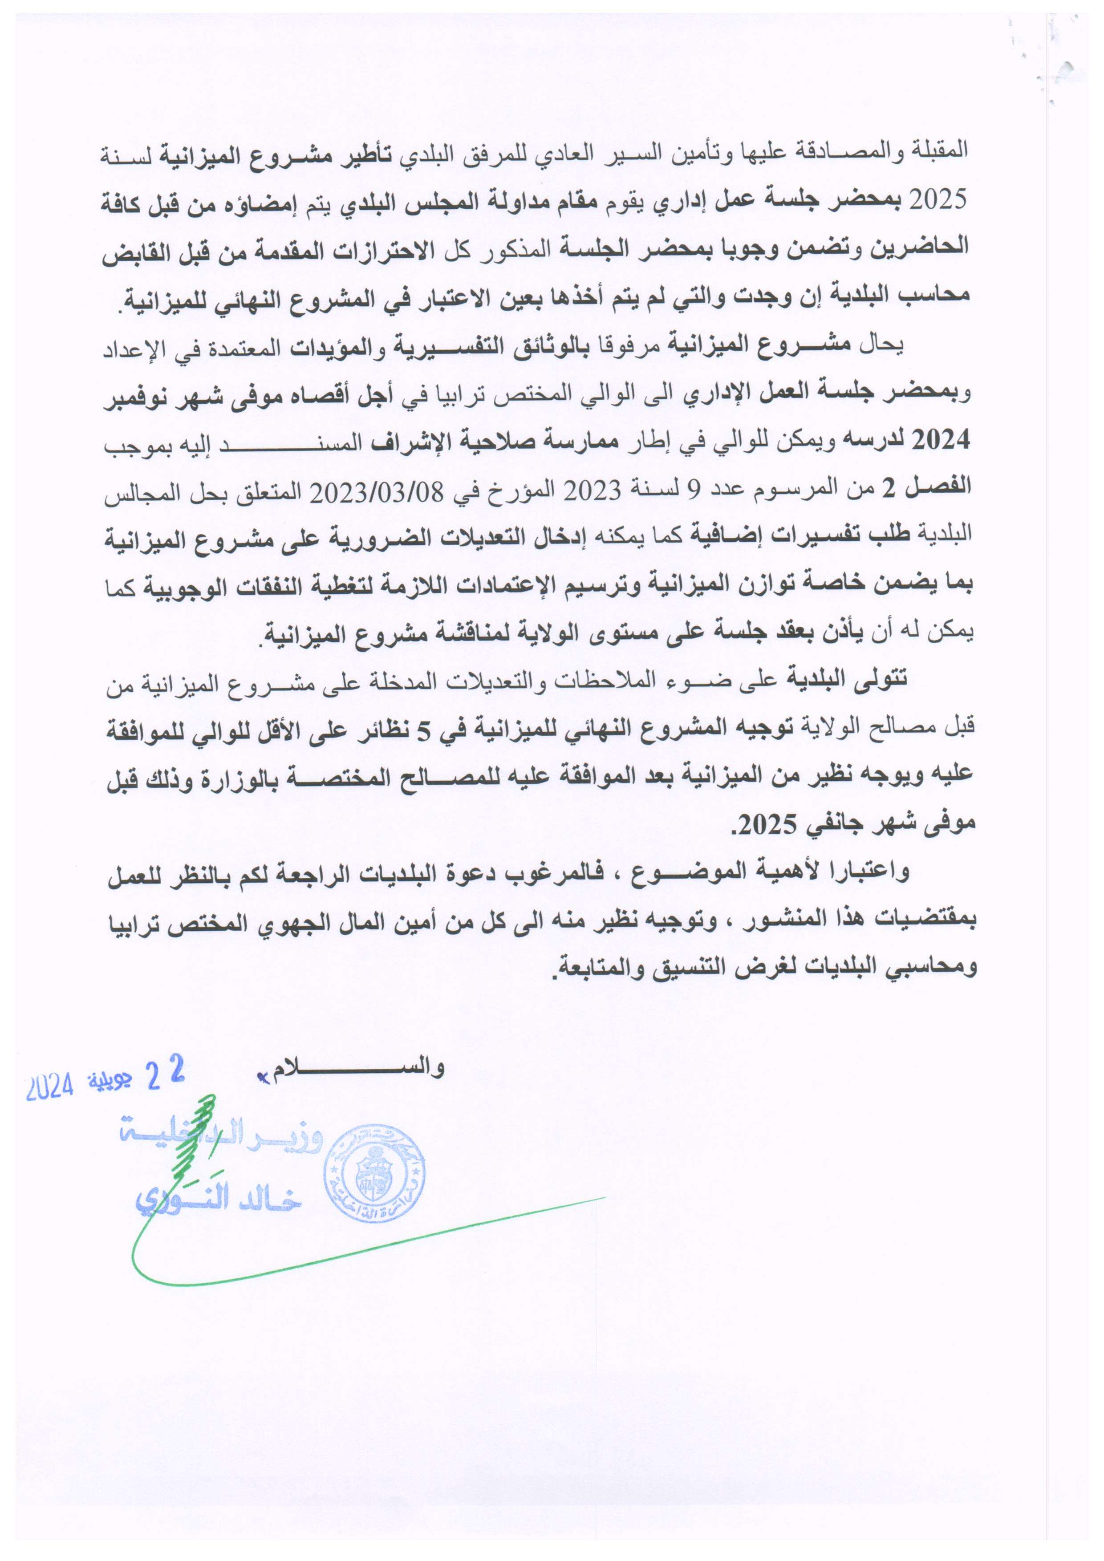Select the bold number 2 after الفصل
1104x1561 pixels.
pyautogui.click(x=889, y=490)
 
